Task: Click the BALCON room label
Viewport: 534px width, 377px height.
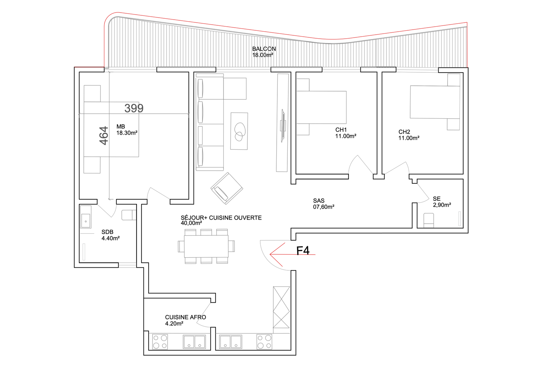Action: [264, 52]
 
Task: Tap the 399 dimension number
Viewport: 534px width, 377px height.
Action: [134, 108]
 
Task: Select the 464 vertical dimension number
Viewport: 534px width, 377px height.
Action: [104, 136]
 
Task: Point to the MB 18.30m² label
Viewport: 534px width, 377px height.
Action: [127, 130]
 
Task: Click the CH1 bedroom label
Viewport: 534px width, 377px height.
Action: [346, 133]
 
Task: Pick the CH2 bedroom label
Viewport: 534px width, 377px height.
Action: [409, 135]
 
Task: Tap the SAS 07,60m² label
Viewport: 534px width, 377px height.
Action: [323, 204]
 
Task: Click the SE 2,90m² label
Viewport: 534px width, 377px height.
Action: [442, 202]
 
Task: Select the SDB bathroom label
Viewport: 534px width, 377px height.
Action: [110, 235]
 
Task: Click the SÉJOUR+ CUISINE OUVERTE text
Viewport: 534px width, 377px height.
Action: [221, 218]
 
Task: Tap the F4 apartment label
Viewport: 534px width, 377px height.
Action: [303, 250]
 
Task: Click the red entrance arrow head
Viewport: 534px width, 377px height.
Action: [270, 254]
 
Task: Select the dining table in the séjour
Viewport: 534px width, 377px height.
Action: [206, 246]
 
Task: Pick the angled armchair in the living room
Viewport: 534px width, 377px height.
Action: [227, 188]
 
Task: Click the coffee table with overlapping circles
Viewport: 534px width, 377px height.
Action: [239, 131]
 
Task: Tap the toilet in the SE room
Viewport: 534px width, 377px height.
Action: [429, 220]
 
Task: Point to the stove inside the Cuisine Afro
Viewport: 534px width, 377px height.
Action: [160, 342]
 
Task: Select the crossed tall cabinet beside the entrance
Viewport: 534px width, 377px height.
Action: [281, 307]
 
